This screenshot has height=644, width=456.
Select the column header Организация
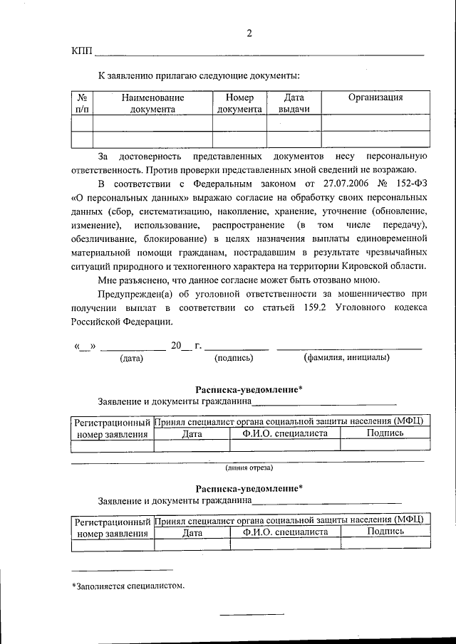[x=375, y=97]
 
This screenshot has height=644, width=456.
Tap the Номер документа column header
[x=239, y=103]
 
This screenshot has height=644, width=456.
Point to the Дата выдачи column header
[x=294, y=103]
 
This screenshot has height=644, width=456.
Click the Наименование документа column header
[x=152, y=103]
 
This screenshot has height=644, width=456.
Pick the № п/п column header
[x=83, y=103]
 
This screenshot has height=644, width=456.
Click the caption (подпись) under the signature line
[x=234, y=358]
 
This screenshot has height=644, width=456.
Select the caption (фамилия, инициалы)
[x=346, y=357]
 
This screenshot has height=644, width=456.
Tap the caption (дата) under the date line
[x=132, y=358]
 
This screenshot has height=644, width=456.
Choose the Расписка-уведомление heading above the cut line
[x=249, y=389]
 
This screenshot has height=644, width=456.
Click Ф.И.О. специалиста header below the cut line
[x=285, y=532]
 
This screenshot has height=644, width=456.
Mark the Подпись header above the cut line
[x=385, y=433]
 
